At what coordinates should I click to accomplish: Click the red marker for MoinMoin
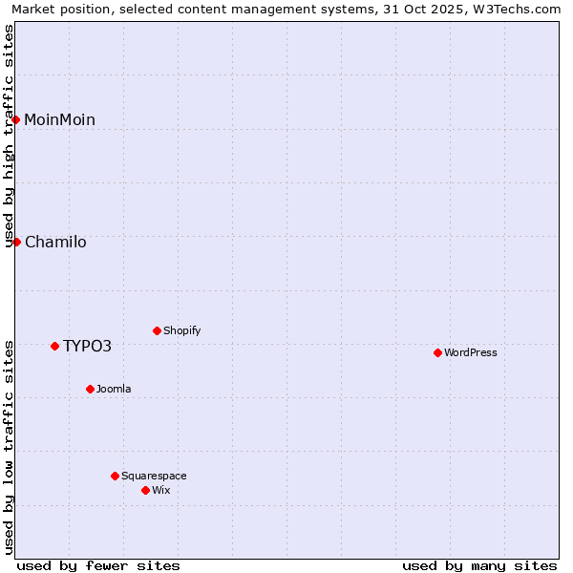pyautogui.click(x=16, y=119)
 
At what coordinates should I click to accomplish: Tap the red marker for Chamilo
pyautogui.click(x=16, y=242)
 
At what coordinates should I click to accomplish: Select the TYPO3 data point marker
pyautogui.click(x=54, y=346)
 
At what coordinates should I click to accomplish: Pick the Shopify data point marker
pyautogui.click(x=157, y=331)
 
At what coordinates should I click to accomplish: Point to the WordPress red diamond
pyautogui.click(x=437, y=352)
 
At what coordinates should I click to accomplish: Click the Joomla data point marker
pyautogui.click(x=90, y=389)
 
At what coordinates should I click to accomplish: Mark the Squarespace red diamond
pyautogui.click(x=115, y=476)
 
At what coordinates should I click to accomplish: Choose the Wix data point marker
pyautogui.click(x=145, y=490)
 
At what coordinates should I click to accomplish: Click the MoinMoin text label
pyautogui.click(x=59, y=119)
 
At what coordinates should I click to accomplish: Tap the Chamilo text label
pyautogui.click(x=55, y=242)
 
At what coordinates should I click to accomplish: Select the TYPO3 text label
pyautogui.click(x=87, y=346)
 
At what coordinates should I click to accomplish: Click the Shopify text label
pyautogui.click(x=181, y=331)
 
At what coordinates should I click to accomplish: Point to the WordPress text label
pyautogui.click(x=470, y=352)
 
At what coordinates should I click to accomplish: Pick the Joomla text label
pyautogui.click(x=114, y=389)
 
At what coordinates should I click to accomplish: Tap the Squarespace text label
pyautogui.click(x=154, y=476)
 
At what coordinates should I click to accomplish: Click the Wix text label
pyautogui.click(x=160, y=490)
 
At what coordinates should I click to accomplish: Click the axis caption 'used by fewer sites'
pyautogui.click(x=98, y=565)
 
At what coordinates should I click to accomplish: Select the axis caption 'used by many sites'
pyautogui.click(x=479, y=565)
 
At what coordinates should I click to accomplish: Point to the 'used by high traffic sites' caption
pyautogui.click(x=9, y=136)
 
